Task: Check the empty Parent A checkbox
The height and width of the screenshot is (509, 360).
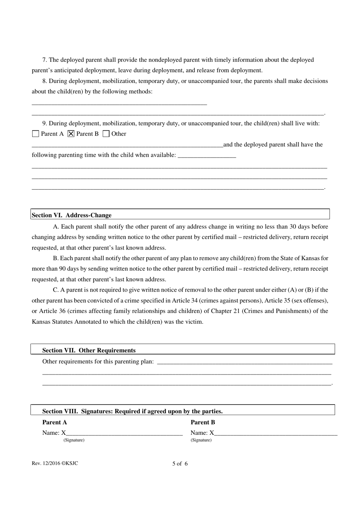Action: (36, 134)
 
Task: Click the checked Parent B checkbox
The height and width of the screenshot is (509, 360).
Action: (71, 134)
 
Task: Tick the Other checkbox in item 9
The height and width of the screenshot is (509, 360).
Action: (106, 134)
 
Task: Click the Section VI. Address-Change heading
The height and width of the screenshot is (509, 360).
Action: (72, 215)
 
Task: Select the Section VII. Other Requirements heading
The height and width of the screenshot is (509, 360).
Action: (89, 350)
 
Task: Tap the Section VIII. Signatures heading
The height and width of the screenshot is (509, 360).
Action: (132, 411)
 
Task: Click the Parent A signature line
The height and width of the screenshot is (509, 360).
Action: (124, 433)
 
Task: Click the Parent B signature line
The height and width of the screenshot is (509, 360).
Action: (275, 433)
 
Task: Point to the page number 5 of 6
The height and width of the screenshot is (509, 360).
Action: (180, 464)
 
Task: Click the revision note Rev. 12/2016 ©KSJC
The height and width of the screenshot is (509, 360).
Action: (55, 463)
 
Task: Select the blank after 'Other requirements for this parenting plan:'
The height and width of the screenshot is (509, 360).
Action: (244, 362)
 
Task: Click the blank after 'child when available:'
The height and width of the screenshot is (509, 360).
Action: (207, 155)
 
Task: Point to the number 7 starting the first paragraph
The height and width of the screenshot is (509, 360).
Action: (44, 60)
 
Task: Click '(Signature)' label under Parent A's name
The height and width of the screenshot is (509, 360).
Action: (74, 440)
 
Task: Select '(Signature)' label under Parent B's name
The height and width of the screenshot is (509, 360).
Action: (201, 440)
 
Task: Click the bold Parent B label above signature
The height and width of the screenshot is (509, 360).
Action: (203, 422)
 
